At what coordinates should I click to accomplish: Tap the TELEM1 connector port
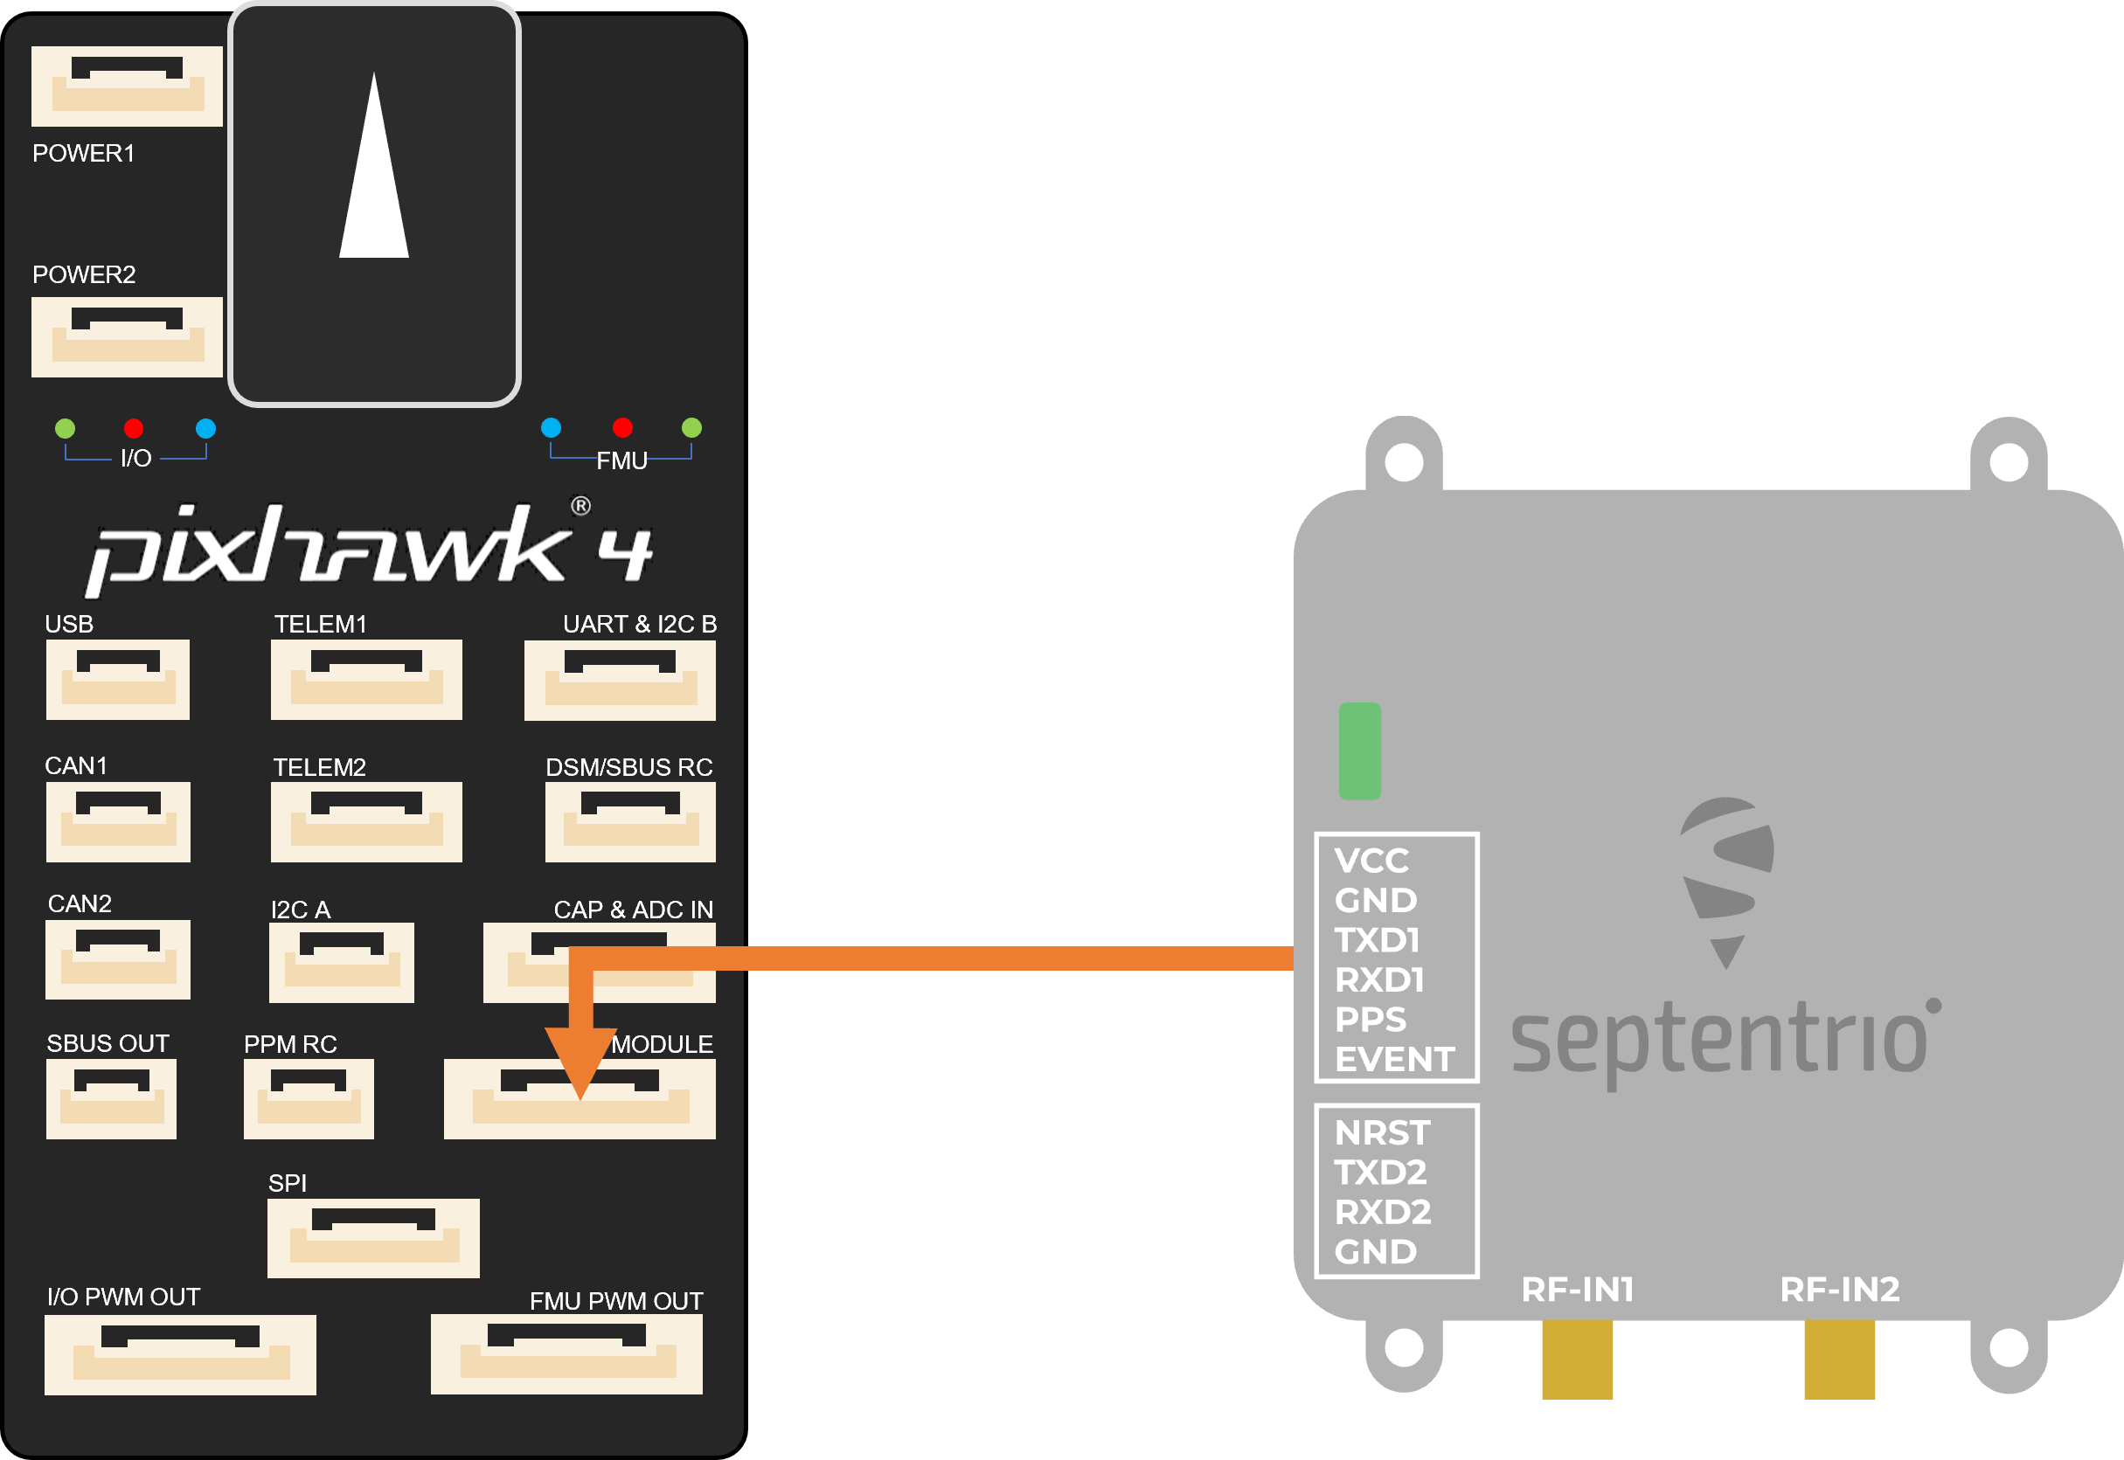click(366, 679)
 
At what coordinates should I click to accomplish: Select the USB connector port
click(118, 679)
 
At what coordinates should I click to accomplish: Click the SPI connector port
click(372, 1238)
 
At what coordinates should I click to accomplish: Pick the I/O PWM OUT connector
click(180, 1355)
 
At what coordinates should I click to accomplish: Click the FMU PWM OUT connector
click(566, 1354)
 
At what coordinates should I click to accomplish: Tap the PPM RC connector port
click(309, 1098)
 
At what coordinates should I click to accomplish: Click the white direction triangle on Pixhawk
click(373, 174)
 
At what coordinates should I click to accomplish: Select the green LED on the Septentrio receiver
click(1359, 751)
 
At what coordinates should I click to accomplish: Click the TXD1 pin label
click(1377, 940)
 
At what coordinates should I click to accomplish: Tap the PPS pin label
click(1370, 1019)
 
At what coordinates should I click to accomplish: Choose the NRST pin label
click(1382, 1133)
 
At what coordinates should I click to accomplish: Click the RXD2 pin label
click(1382, 1212)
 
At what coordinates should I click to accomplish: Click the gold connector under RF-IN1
click(1577, 1360)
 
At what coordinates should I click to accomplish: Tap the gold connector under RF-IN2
click(1839, 1360)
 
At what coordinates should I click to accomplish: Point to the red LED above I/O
click(134, 428)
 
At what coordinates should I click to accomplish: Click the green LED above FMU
click(692, 427)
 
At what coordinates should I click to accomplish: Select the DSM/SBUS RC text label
click(628, 767)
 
